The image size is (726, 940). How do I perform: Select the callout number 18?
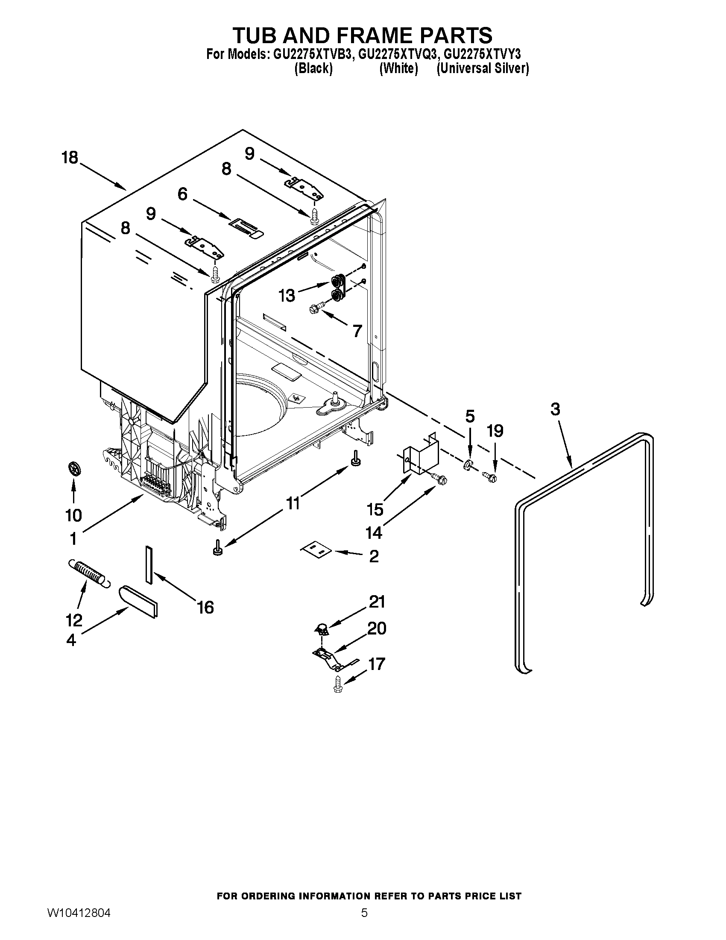pos(70,158)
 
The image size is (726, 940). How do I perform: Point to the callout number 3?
pos(555,409)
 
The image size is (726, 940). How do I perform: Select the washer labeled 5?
pos(468,466)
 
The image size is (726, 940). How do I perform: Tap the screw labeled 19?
pos(490,476)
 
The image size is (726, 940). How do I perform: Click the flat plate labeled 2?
pos(316,549)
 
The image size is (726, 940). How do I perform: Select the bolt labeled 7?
pos(315,307)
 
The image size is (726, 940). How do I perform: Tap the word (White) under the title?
pos(398,68)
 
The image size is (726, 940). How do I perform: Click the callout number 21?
pos(377,602)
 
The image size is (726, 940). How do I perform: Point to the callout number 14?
pos(374,533)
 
